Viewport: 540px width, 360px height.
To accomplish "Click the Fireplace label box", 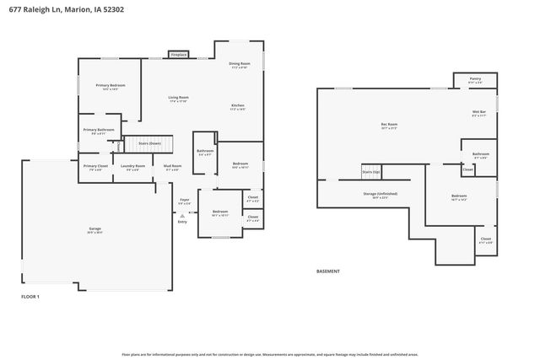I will tap(178, 55).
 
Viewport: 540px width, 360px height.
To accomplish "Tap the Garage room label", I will tap(95, 229).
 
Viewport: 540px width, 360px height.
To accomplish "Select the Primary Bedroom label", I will tap(110, 87).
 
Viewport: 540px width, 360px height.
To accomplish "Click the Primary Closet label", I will tap(94, 167).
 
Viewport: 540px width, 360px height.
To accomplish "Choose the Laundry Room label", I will tap(132, 167).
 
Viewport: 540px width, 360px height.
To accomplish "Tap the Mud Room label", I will tap(171, 167).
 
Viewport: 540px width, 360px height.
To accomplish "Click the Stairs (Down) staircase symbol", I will tap(148, 143).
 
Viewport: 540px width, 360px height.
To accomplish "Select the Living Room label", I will tap(178, 99).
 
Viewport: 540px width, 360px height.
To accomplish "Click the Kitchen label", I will tap(239, 106).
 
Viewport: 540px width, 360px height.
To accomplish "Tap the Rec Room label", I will tap(389, 126).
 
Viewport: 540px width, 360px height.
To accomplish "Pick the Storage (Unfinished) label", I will tap(381, 194).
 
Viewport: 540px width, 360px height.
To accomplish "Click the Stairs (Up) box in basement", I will tap(371, 171).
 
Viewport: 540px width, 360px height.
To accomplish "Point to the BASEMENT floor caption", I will tap(328, 271).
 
